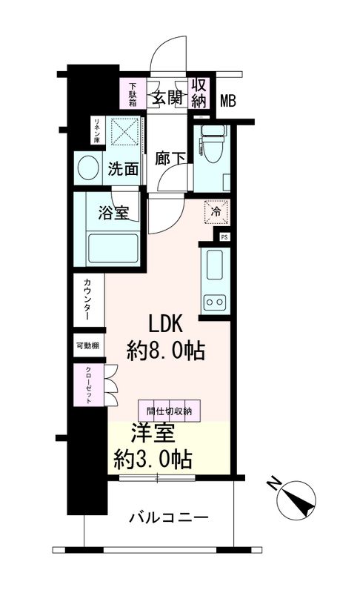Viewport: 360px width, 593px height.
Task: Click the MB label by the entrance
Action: [x=228, y=101]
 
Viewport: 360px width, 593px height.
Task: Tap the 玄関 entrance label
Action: [x=167, y=98]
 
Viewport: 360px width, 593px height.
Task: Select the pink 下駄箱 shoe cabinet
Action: [x=133, y=94]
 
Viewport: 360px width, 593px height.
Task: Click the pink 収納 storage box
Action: [x=199, y=93]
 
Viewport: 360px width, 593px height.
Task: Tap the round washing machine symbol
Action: [x=88, y=168]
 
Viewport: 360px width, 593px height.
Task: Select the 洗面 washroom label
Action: [x=123, y=169]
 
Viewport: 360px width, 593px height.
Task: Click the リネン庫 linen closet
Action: [x=98, y=130]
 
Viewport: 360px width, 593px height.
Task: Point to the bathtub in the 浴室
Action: [x=113, y=249]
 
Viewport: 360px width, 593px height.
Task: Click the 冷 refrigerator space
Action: [x=216, y=212]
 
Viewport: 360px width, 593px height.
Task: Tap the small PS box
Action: [x=224, y=237]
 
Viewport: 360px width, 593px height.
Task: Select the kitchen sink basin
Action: [x=214, y=265]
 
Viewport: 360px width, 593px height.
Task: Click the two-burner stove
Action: [x=214, y=302]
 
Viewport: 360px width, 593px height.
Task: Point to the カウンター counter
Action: [x=88, y=299]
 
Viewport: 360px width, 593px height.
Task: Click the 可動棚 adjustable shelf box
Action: [x=88, y=345]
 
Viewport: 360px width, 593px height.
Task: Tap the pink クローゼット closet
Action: [x=88, y=385]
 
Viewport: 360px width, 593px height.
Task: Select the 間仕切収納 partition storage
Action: [x=169, y=411]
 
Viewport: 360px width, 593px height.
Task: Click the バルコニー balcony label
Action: [x=168, y=517]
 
